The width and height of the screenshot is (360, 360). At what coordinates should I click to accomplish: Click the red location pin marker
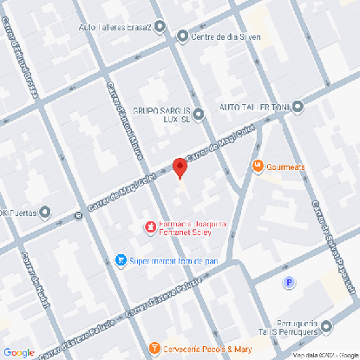[x=180, y=167]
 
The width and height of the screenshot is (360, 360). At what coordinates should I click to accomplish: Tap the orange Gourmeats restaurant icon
[x=257, y=166]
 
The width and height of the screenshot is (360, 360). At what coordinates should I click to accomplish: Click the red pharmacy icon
[x=149, y=227]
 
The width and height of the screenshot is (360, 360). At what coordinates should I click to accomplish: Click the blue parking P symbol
[x=289, y=282]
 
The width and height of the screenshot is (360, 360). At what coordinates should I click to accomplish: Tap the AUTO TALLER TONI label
[x=254, y=107]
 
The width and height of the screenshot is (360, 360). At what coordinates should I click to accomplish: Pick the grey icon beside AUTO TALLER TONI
[x=298, y=107]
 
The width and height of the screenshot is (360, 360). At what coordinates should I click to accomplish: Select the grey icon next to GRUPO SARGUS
[x=198, y=114]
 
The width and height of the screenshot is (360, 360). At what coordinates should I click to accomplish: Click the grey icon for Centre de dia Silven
[x=182, y=36]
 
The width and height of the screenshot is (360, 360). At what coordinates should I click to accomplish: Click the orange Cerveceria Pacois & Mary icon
[x=155, y=348]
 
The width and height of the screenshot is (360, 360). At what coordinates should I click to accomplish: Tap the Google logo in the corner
[x=18, y=352]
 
